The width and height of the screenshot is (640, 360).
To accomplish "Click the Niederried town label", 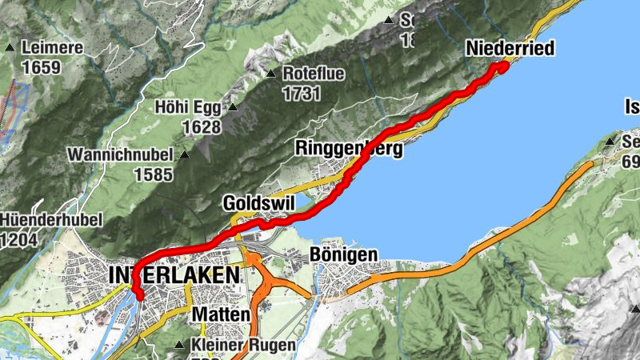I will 510,50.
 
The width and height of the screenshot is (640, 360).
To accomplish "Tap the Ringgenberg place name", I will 349,148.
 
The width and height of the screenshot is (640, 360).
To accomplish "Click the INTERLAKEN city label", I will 174,275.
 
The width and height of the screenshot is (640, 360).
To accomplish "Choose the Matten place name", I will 221,314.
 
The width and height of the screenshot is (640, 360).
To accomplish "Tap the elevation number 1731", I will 301,93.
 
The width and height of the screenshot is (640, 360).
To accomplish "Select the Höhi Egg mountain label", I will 189,107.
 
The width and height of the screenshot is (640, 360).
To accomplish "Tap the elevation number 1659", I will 42,67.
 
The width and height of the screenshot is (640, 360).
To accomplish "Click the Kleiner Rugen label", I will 244,346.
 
